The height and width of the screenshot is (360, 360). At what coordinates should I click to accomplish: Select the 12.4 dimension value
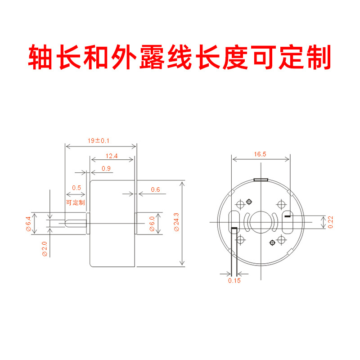point(112,156)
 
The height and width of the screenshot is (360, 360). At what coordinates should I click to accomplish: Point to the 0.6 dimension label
point(155,189)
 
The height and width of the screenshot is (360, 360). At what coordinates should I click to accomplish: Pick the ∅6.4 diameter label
point(28,224)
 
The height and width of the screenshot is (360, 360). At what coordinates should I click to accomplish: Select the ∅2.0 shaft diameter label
point(44,249)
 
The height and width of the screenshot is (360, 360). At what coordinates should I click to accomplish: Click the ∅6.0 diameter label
point(152,224)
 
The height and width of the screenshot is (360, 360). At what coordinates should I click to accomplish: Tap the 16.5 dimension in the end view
point(260,154)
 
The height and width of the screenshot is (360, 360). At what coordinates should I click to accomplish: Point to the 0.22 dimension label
point(330,222)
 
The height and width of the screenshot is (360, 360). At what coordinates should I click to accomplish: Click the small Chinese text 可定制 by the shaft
point(75,202)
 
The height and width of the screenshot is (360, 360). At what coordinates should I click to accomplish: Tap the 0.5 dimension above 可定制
point(76,187)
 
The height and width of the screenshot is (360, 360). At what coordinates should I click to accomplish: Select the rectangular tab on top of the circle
point(261,180)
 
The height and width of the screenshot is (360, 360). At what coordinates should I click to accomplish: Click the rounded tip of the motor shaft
point(67,222)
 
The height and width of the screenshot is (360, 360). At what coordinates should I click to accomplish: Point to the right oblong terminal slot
point(287,222)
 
